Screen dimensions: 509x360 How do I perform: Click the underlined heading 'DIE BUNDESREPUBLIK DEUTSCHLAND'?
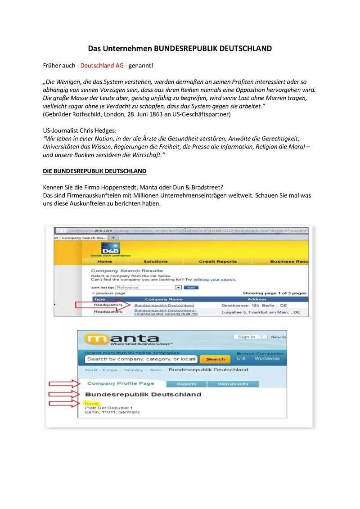pyautogui.click(x=94, y=171)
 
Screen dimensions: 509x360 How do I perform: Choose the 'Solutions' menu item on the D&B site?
pyautogui.click(x=155, y=261)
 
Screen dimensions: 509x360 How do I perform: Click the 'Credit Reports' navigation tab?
pyautogui.click(x=217, y=261)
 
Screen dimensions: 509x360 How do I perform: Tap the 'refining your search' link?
pyautogui.click(x=215, y=279)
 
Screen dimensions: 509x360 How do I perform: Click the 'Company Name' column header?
pyautogui.click(x=164, y=299)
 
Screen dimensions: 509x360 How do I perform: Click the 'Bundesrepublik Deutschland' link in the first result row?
pyautogui.click(x=164, y=305)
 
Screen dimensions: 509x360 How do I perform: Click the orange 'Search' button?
pyautogui.click(x=215, y=359)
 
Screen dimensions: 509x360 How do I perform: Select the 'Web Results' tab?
pyautogui.click(x=233, y=384)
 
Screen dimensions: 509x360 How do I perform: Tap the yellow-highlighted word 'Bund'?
pyautogui.click(x=91, y=404)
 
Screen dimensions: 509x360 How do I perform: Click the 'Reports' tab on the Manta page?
pyautogui.click(x=186, y=384)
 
